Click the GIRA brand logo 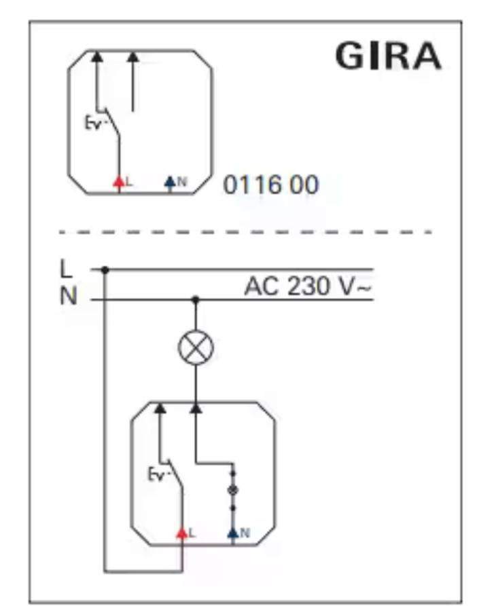pyautogui.click(x=388, y=56)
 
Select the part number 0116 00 pyautogui.click(x=271, y=185)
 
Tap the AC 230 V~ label pyautogui.click(x=308, y=286)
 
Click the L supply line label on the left pyautogui.click(x=66, y=269)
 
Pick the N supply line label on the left pyautogui.click(x=68, y=296)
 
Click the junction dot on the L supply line pyautogui.click(x=105, y=270)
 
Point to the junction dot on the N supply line pyautogui.click(x=196, y=299)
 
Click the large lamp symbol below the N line pyautogui.click(x=196, y=347)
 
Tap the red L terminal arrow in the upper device pyautogui.click(x=119, y=181)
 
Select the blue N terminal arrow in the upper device pyautogui.click(x=170, y=181)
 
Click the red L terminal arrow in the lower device pyautogui.click(x=182, y=533)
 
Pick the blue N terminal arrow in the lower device pyautogui.click(x=233, y=533)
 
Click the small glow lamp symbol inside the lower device pyautogui.click(x=233, y=491)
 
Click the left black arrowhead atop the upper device pyautogui.click(x=97, y=57)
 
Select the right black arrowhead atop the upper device pyautogui.click(x=132, y=57)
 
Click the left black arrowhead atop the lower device pyautogui.click(x=160, y=408)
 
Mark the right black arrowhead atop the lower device pyautogui.click(x=196, y=408)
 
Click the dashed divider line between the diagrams pyautogui.click(x=245, y=232)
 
